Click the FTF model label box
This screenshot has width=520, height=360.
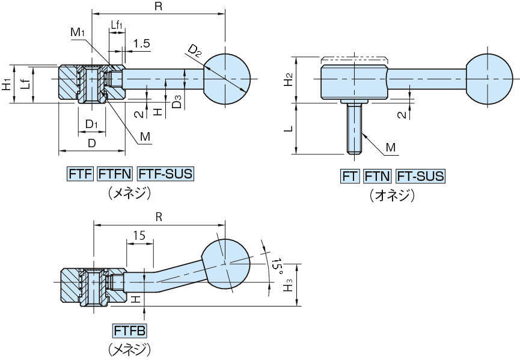[79, 174]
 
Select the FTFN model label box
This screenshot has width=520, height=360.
[114, 174]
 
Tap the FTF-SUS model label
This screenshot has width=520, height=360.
[166, 174]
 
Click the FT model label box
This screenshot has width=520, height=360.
[350, 176]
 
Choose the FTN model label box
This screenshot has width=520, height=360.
[378, 176]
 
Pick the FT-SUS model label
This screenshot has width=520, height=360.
[420, 176]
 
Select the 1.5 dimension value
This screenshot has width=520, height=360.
[142, 43]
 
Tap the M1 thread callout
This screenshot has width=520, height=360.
[76, 31]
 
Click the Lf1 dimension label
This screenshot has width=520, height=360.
[117, 25]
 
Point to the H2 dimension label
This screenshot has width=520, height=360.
[289, 79]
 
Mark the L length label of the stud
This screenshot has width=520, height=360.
[290, 129]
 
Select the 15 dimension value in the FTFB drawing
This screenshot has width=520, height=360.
[139, 236]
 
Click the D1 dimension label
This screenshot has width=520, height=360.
[91, 124]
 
